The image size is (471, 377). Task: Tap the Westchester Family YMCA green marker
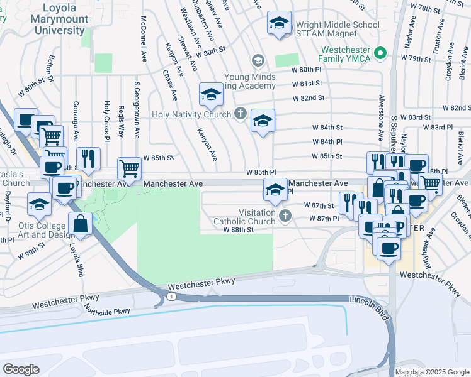[x=380, y=54]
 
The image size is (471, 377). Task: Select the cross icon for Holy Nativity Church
[x=240, y=114]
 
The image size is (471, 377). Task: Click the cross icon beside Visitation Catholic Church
[x=285, y=217]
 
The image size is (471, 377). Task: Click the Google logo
[x=21, y=369]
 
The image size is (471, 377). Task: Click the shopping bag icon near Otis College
[x=82, y=223]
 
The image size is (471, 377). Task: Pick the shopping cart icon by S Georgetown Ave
[x=129, y=168]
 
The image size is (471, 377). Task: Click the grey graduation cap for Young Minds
[x=258, y=61]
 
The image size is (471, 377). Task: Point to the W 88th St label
[x=238, y=230]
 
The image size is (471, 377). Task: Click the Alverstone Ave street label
[x=381, y=118]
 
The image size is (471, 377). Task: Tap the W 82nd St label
[x=309, y=98]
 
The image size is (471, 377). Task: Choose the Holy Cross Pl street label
[x=107, y=119]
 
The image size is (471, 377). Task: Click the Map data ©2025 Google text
[x=432, y=372]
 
